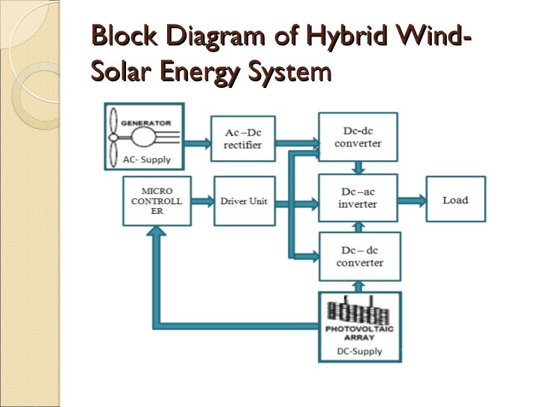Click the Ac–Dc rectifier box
tap(242, 139)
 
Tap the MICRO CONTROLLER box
tap(157, 201)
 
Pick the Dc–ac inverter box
tap(358, 198)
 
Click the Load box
tap(455, 200)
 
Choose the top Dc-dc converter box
tap(358, 137)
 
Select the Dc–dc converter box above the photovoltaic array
tap(359, 256)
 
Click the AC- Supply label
tap(147, 160)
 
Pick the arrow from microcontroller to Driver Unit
tap(202, 202)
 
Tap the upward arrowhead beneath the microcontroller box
tap(156, 233)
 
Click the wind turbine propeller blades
tap(114, 138)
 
